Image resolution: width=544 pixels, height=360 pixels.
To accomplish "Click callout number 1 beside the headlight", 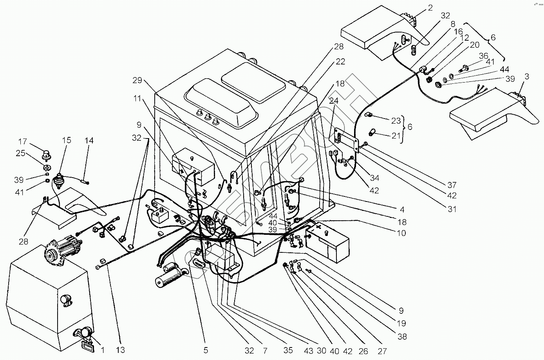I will (x=103, y=351).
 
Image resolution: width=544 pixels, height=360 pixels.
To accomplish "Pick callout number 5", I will (x=205, y=351).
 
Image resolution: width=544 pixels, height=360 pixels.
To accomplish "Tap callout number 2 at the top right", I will (x=430, y=8).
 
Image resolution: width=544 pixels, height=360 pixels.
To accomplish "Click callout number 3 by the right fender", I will (x=527, y=77).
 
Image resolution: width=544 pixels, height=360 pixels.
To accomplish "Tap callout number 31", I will (x=452, y=209).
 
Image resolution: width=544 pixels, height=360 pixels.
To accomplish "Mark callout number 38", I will (x=402, y=337).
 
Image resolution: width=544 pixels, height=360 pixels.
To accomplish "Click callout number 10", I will (x=401, y=233).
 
